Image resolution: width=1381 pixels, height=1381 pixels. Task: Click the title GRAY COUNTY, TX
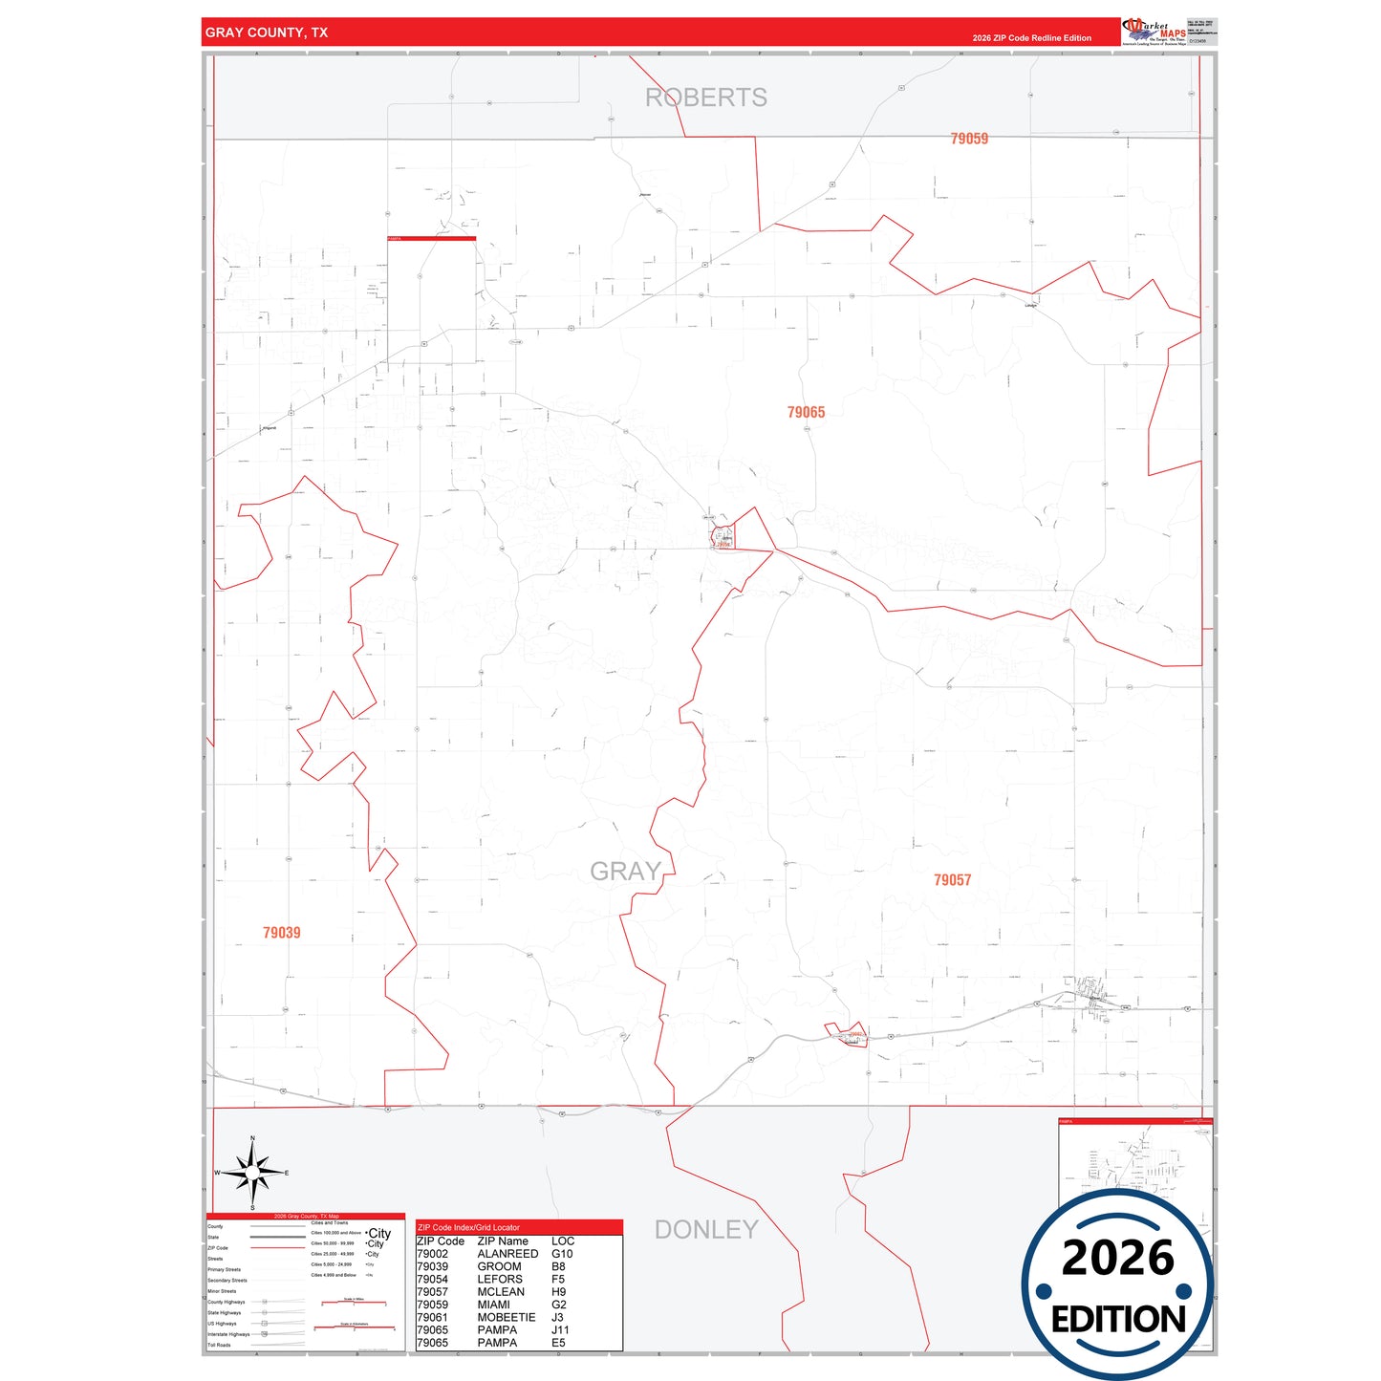[267, 32]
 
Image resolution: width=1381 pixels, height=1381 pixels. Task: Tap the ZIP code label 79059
[969, 139]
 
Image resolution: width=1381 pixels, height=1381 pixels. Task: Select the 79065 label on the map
[806, 412]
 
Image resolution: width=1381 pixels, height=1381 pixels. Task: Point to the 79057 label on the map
[952, 879]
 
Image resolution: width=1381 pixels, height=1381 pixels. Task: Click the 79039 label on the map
[282, 933]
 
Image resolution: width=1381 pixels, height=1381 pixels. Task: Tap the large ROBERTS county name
[706, 97]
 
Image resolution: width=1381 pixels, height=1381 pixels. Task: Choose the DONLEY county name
[706, 1230]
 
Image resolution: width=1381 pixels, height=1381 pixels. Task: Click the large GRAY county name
[625, 872]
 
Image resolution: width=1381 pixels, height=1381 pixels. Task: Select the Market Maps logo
[1155, 32]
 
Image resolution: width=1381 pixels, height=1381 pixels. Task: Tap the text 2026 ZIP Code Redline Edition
[1031, 38]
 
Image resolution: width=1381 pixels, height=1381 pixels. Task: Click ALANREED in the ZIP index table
[507, 1254]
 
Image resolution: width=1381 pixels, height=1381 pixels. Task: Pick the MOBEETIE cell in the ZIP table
[507, 1317]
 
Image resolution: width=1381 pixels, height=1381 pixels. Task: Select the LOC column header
[563, 1241]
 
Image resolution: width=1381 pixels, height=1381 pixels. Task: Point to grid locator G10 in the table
[562, 1254]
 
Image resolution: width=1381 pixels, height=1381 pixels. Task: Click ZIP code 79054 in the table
[432, 1279]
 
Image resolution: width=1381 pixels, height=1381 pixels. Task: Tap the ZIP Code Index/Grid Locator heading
[469, 1227]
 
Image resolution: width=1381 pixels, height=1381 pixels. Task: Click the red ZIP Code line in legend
[277, 1248]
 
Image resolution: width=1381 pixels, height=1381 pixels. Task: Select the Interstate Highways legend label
[228, 1334]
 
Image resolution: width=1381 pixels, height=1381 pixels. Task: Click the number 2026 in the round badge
[1117, 1259]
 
